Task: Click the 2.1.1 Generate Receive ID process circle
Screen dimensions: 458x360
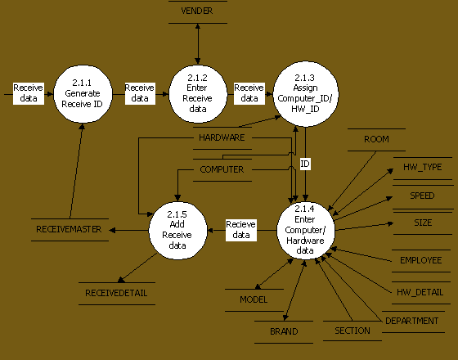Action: [83, 94]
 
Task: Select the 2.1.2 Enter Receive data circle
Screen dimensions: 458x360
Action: [198, 94]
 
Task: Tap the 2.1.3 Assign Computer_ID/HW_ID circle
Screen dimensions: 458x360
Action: [306, 94]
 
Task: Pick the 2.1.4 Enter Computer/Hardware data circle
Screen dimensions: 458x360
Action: [306, 230]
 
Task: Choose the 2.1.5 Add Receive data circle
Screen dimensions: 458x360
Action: [178, 230]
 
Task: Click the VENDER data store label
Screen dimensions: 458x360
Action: [197, 11]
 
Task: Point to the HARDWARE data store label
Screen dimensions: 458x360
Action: [222, 137]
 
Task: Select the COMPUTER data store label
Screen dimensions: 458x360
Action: [222, 169]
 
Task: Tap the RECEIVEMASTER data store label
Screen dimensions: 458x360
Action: [69, 229]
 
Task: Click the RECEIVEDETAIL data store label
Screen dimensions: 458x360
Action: [116, 293]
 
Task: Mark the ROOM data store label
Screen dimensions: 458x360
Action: [376, 139]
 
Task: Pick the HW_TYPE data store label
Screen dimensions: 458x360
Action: [423, 167]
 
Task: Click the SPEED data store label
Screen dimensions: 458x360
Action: [422, 196]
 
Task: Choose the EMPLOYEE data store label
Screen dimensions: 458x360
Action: [421, 260]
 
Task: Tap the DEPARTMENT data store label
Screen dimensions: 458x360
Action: [412, 321]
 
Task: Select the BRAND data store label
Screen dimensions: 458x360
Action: [284, 331]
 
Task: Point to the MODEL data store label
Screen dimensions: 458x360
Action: [254, 299]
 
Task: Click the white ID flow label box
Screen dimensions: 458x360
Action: [305, 164]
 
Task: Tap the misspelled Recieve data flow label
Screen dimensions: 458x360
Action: [241, 230]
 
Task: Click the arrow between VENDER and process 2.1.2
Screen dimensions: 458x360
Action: [198, 44]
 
